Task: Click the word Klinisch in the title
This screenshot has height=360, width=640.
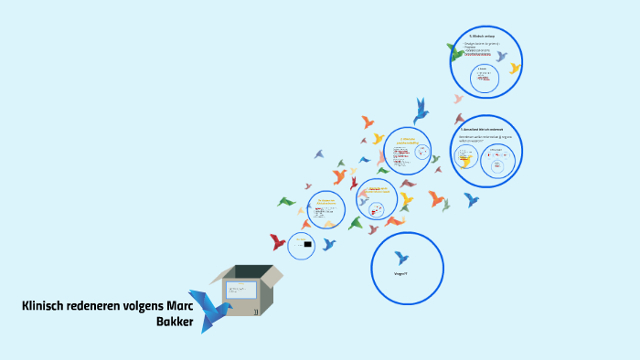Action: pyautogui.click(x=45, y=305)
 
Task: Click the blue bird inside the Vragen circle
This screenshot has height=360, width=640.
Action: pyautogui.click(x=400, y=258)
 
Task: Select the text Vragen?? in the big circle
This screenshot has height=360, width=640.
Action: pyautogui.click(x=400, y=274)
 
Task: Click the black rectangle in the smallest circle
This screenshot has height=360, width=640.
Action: pyautogui.click(x=308, y=244)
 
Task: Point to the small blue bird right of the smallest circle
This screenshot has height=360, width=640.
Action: pyautogui.click(x=328, y=244)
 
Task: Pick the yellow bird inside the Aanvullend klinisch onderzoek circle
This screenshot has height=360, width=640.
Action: pyautogui.click(x=467, y=161)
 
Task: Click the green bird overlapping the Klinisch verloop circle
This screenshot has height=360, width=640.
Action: pyautogui.click(x=455, y=52)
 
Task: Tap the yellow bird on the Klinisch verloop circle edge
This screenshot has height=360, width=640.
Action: pyautogui.click(x=515, y=68)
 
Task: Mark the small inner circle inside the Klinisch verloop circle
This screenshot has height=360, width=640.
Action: pyautogui.click(x=484, y=78)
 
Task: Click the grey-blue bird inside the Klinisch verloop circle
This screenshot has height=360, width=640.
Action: pyautogui.click(x=501, y=56)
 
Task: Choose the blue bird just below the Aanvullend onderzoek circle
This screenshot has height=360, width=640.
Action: pyautogui.click(x=472, y=199)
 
